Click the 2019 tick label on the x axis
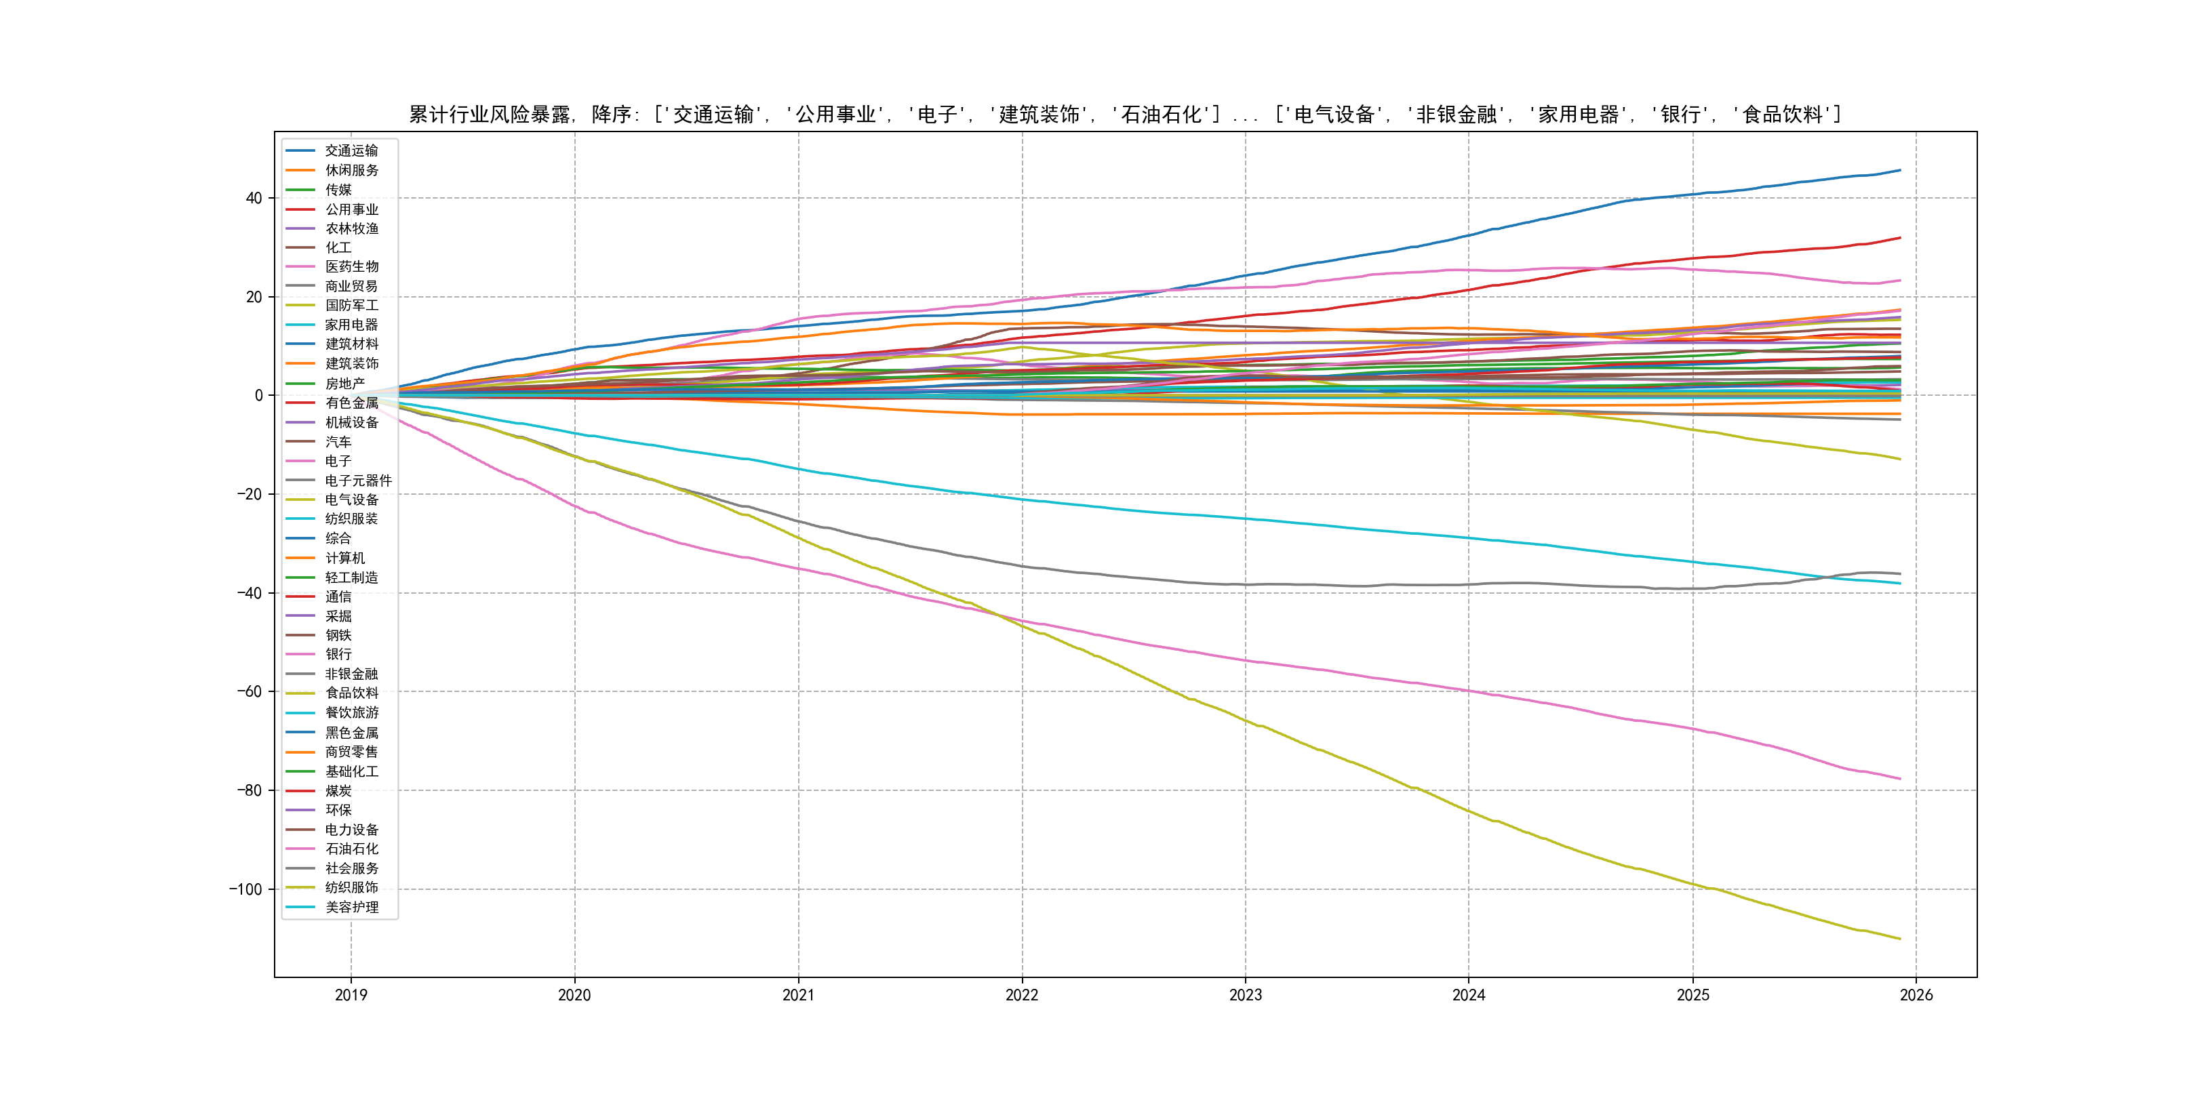point(351,995)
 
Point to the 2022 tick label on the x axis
point(1022,995)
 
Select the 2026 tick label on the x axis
point(1916,995)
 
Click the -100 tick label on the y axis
point(245,889)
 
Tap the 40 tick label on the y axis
point(254,199)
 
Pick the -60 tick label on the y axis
point(249,691)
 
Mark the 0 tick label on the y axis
point(258,396)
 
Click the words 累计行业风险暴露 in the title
point(490,115)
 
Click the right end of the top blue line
point(1900,171)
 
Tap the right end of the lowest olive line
point(1900,939)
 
